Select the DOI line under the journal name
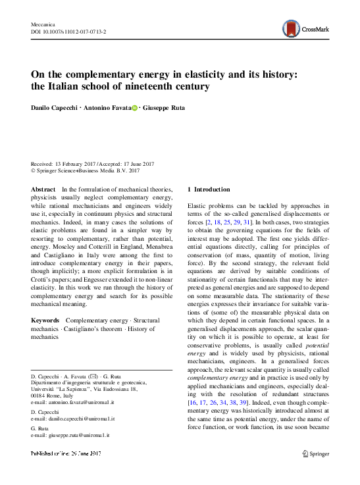[x=68, y=32]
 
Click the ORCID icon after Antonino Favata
[x=135, y=107]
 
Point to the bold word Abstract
[x=43, y=189]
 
